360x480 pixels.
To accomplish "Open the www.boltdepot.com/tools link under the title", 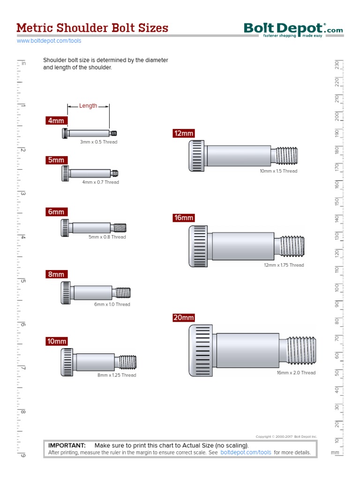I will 49,41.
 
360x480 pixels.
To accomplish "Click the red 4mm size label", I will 56,120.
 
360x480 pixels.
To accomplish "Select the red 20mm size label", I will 184,318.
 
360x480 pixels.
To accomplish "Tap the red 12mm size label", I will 184,134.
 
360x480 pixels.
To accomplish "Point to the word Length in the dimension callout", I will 88,106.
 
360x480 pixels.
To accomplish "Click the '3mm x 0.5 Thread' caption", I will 98,142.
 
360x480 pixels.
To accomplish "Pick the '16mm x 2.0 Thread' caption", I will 296,373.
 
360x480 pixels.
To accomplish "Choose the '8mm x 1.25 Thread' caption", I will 117,375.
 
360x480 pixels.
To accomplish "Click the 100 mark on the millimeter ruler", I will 337,287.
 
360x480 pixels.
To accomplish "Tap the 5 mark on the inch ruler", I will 22,281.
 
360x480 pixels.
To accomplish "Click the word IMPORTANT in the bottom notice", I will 67,445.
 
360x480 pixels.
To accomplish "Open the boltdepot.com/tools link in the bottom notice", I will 246,453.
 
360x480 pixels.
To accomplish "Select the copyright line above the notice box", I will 286,436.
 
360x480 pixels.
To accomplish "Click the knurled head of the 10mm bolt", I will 67,362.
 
